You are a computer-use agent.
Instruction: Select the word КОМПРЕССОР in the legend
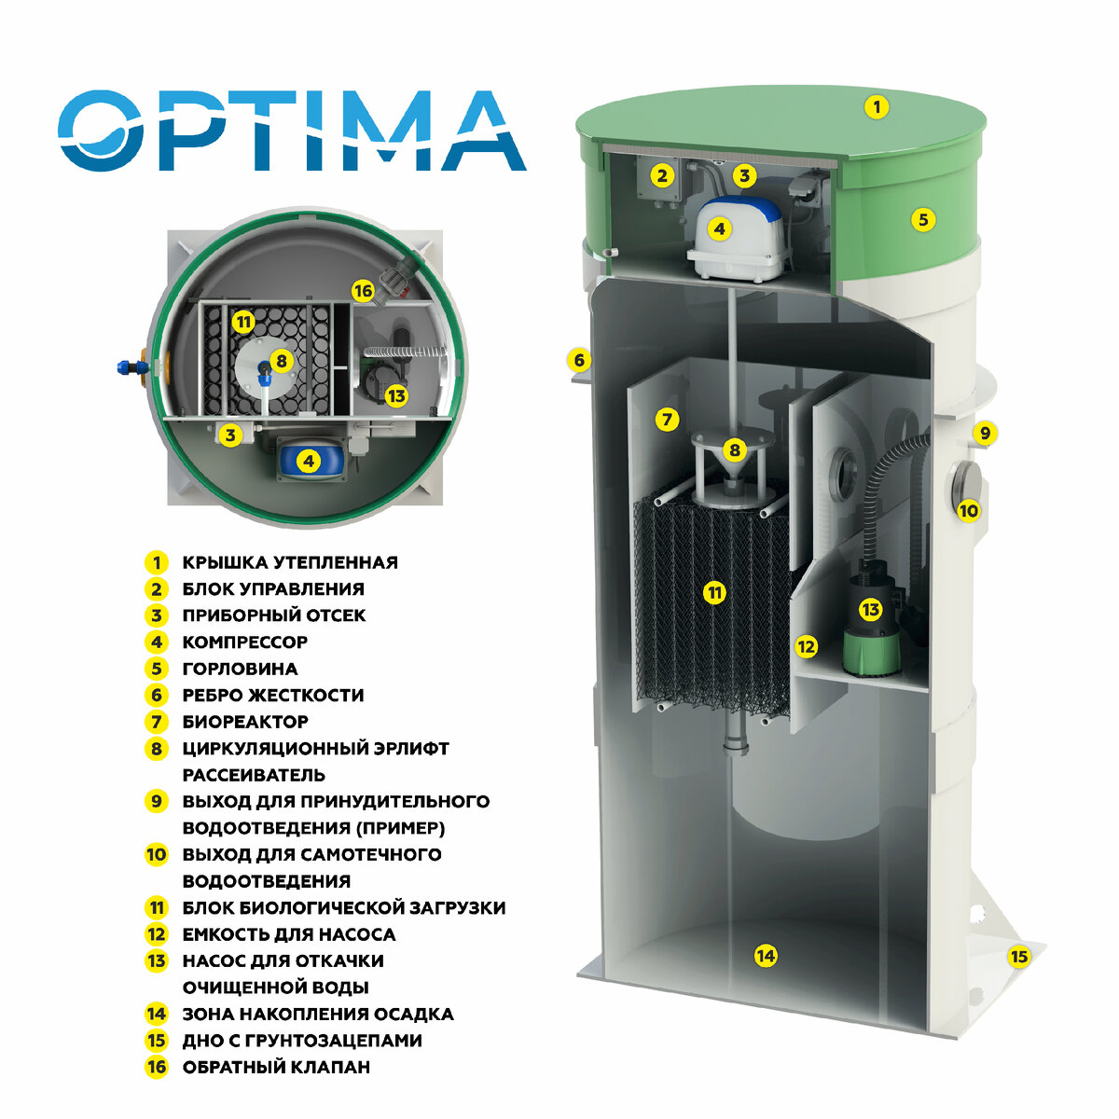point(244,642)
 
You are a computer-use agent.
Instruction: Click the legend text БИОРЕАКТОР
point(245,722)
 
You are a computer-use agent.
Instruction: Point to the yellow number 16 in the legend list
point(156,1067)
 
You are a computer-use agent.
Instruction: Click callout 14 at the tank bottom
point(765,956)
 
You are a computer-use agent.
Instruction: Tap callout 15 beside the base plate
point(1018,957)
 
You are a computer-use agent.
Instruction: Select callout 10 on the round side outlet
point(969,510)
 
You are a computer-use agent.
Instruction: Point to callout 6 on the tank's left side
point(578,360)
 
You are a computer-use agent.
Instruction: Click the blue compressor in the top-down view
point(309,461)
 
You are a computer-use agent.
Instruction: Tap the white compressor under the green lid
point(737,242)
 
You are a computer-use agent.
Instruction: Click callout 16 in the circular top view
point(363,292)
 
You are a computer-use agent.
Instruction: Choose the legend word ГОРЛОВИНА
point(240,669)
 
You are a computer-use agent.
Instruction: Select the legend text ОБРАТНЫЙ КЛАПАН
point(276,1067)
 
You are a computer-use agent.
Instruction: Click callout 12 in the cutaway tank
point(806,646)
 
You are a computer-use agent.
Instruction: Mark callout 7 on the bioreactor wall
point(666,420)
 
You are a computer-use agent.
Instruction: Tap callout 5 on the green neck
point(922,220)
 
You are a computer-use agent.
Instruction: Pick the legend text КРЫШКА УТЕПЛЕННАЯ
point(290,563)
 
